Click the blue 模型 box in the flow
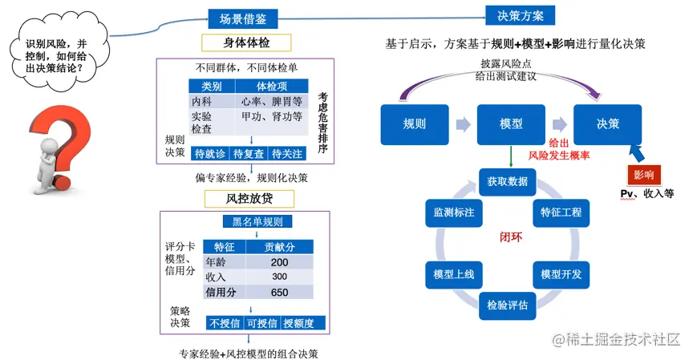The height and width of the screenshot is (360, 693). coord(511,124)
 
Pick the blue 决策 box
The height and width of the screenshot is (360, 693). coord(608,124)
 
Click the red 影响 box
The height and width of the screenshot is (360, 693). coord(643,174)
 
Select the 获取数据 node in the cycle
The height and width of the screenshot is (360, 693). coord(507,181)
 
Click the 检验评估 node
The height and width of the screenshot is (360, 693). coord(507,305)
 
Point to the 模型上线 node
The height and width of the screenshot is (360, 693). coord(454,275)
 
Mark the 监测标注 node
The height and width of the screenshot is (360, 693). coord(454,213)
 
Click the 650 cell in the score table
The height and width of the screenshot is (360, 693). coord(279,292)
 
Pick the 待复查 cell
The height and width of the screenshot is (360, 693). coord(249,153)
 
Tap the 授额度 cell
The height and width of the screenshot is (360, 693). coord(304,323)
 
